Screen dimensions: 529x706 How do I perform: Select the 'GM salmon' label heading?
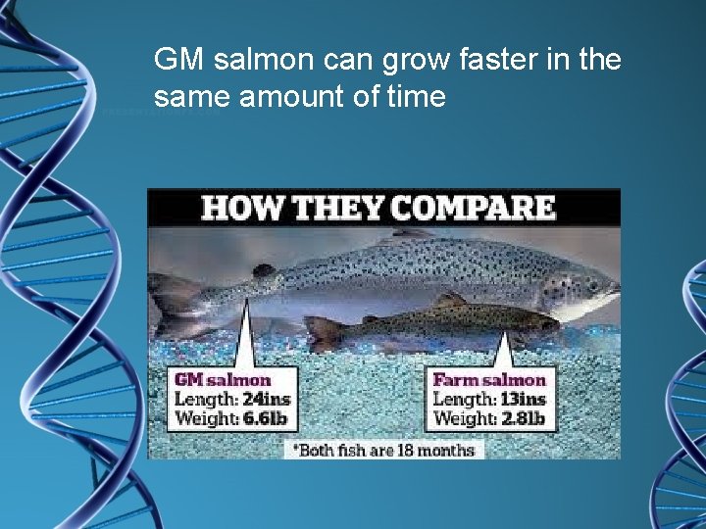223,379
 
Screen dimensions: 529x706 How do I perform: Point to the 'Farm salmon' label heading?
489,379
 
